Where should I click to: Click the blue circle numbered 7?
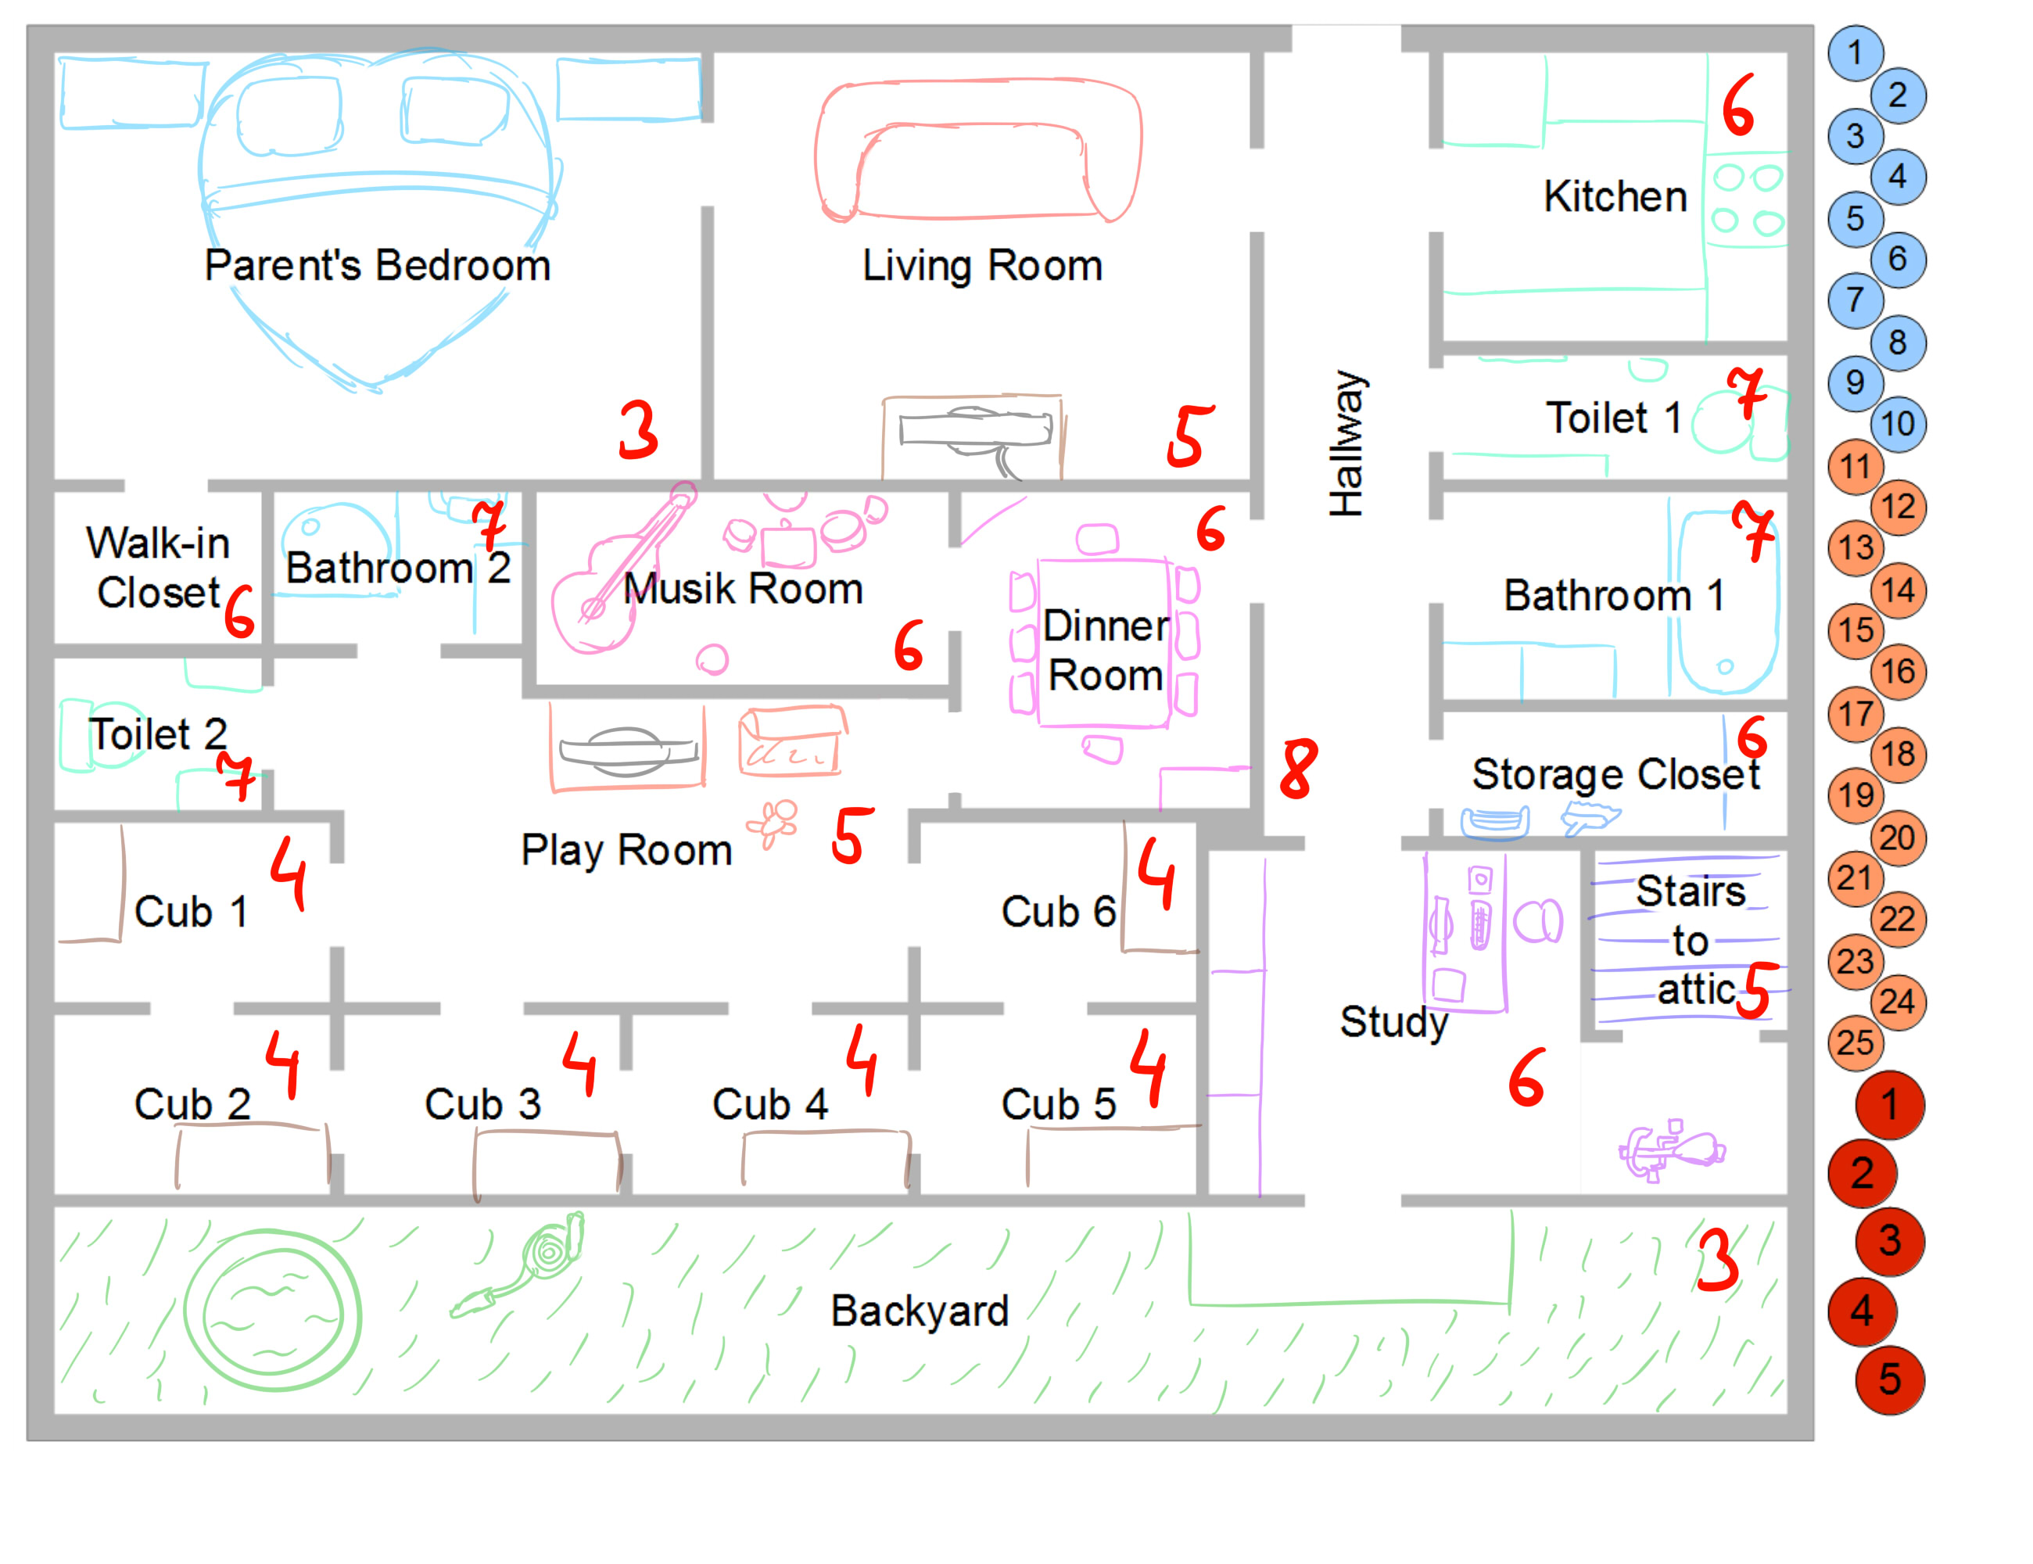pyautogui.click(x=1856, y=300)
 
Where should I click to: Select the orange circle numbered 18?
pyautogui.click(x=1898, y=754)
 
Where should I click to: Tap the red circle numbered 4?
pyautogui.click(x=1862, y=1311)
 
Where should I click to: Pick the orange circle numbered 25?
pyautogui.click(x=1856, y=1042)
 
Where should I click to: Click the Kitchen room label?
pyautogui.click(x=1615, y=196)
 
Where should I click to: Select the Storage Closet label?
pyautogui.click(x=1615, y=773)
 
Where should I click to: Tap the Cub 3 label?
pyautogui.click(x=482, y=1104)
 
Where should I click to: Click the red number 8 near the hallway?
pyautogui.click(x=1299, y=769)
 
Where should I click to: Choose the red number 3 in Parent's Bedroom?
pyautogui.click(x=639, y=429)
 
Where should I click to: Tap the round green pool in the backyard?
pyautogui.click(x=272, y=1310)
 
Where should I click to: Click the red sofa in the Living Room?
pyautogui.click(x=977, y=151)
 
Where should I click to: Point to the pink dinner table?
pyautogui.click(x=1104, y=642)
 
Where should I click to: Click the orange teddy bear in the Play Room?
pyautogui.click(x=773, y=824)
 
